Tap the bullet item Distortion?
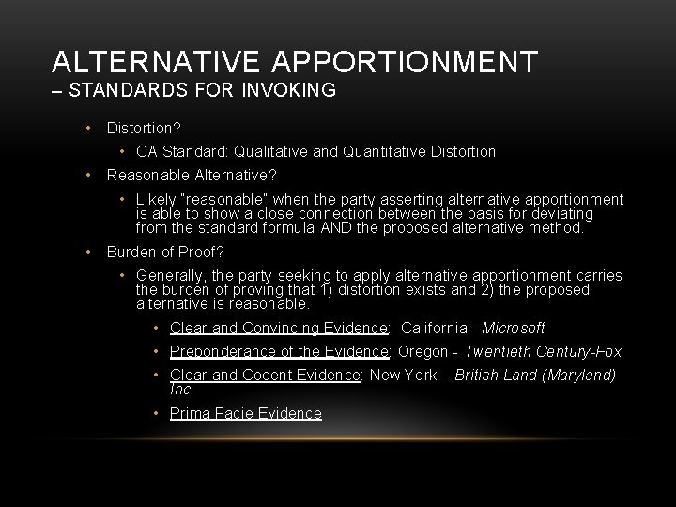tap(144, 127)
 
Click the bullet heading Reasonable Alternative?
tap(192, 175)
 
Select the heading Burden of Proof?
tap(165, 252)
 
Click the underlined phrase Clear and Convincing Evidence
tap(279, 329)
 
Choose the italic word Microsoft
tap(514, 329)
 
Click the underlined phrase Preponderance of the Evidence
tap(280, 352)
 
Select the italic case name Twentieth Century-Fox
tap(544, 352)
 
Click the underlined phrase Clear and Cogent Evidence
tap(266, 376)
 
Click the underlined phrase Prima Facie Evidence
tap(245, 414)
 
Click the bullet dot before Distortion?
tap(86, 127)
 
